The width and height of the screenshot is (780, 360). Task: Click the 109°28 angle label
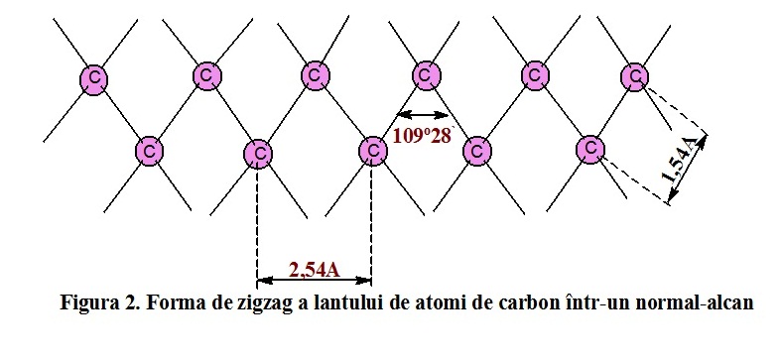422,136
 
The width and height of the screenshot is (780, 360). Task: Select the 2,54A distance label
315,268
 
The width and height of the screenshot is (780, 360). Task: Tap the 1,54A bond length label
685,165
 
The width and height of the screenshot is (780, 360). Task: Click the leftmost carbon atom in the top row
94,77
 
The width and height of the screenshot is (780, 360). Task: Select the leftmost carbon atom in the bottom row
149,152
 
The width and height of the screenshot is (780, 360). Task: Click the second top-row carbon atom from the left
206,75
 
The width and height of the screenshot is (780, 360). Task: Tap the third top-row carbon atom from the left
315,75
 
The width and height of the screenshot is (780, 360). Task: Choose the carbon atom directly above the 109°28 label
425,74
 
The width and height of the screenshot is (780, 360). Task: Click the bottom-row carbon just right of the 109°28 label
477,152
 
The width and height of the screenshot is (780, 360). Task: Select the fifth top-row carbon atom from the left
535,75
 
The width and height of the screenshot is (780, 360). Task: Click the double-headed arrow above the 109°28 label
418,113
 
